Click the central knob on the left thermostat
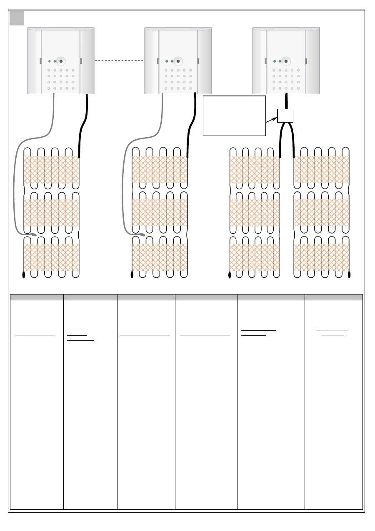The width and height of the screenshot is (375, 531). tap(61, 61)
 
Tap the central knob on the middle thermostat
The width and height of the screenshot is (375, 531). tap(178, 61)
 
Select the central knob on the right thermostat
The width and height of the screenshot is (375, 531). tap(286, 61)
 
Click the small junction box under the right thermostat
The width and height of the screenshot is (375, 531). tap(285, 116)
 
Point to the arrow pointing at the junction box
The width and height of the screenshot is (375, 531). tap(271, 120)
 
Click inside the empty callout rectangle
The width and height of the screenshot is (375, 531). tap(234, 116)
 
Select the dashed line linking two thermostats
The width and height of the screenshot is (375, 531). tap(119, 61)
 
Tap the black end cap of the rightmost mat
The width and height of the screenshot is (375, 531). tap(349, 274)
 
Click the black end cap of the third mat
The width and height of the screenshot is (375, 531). tap(230, 274)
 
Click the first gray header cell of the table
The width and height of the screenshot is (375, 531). tap(37, 297)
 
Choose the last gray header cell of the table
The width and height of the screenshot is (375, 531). tap(333, 297)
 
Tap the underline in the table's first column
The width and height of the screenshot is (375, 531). tap(35, 335)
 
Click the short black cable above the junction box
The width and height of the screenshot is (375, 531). tap(286, 101)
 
